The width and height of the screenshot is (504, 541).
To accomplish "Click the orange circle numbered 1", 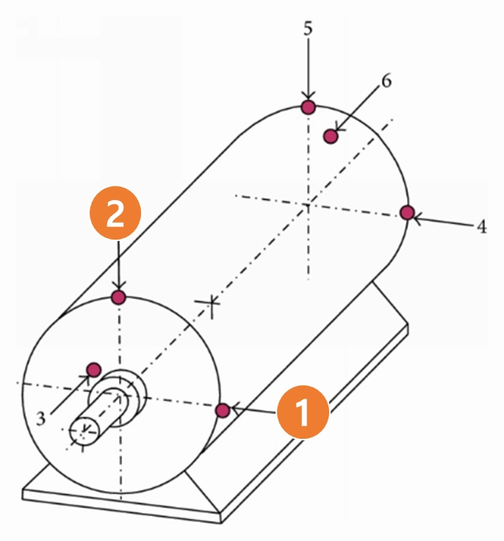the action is (x=303, y=412).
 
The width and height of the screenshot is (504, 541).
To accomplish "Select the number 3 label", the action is (x=40, y=418).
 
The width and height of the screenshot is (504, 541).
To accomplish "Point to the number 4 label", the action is (x=481, y=227).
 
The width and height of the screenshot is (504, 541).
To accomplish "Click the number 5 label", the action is (x=308, y=28).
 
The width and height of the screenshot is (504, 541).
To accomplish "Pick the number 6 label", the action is (x=386, y=81).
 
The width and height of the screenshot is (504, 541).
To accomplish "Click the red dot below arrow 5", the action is (x=308, y=107).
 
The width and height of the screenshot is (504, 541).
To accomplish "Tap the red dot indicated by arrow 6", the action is (x=331, y=136).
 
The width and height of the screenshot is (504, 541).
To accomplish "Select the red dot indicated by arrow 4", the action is (x=408, y=212).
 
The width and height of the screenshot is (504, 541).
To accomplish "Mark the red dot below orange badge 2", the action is (x=119, y=297).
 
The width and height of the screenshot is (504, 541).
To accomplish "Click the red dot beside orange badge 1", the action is (x=223, y=410).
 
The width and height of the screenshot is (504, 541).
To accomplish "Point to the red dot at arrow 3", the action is (x=93, y=370).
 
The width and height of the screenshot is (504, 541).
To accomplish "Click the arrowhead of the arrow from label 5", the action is (x=308, y=98).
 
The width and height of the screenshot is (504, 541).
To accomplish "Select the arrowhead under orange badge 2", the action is (x=119, y=288).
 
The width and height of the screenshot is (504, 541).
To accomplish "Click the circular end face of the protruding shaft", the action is (x=84, y=431).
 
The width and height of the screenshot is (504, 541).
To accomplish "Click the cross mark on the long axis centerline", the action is (x=212, y=303).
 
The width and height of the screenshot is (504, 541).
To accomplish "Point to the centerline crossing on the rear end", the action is (x=308, y=205).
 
